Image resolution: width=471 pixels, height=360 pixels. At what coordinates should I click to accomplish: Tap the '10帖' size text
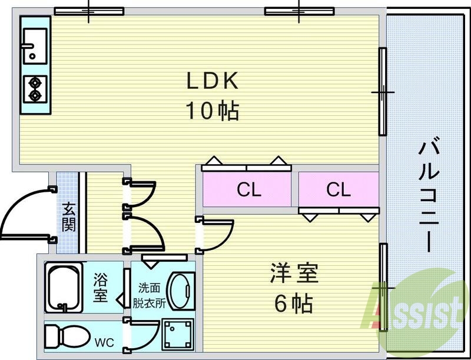point(213,111)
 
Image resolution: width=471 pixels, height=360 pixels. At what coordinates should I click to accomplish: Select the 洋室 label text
point(294,275)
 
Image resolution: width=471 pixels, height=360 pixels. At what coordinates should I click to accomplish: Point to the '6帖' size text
point(293,304)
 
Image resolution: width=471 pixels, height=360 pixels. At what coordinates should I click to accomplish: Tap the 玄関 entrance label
point(69,216)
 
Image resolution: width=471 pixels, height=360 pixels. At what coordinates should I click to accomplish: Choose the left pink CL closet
point(248,190)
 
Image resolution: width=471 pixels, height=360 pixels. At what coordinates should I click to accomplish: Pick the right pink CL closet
point(338,190)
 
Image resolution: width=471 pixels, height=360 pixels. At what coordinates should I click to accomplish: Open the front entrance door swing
point(26,215)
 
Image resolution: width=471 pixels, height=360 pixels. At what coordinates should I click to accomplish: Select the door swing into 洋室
point(215,234)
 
